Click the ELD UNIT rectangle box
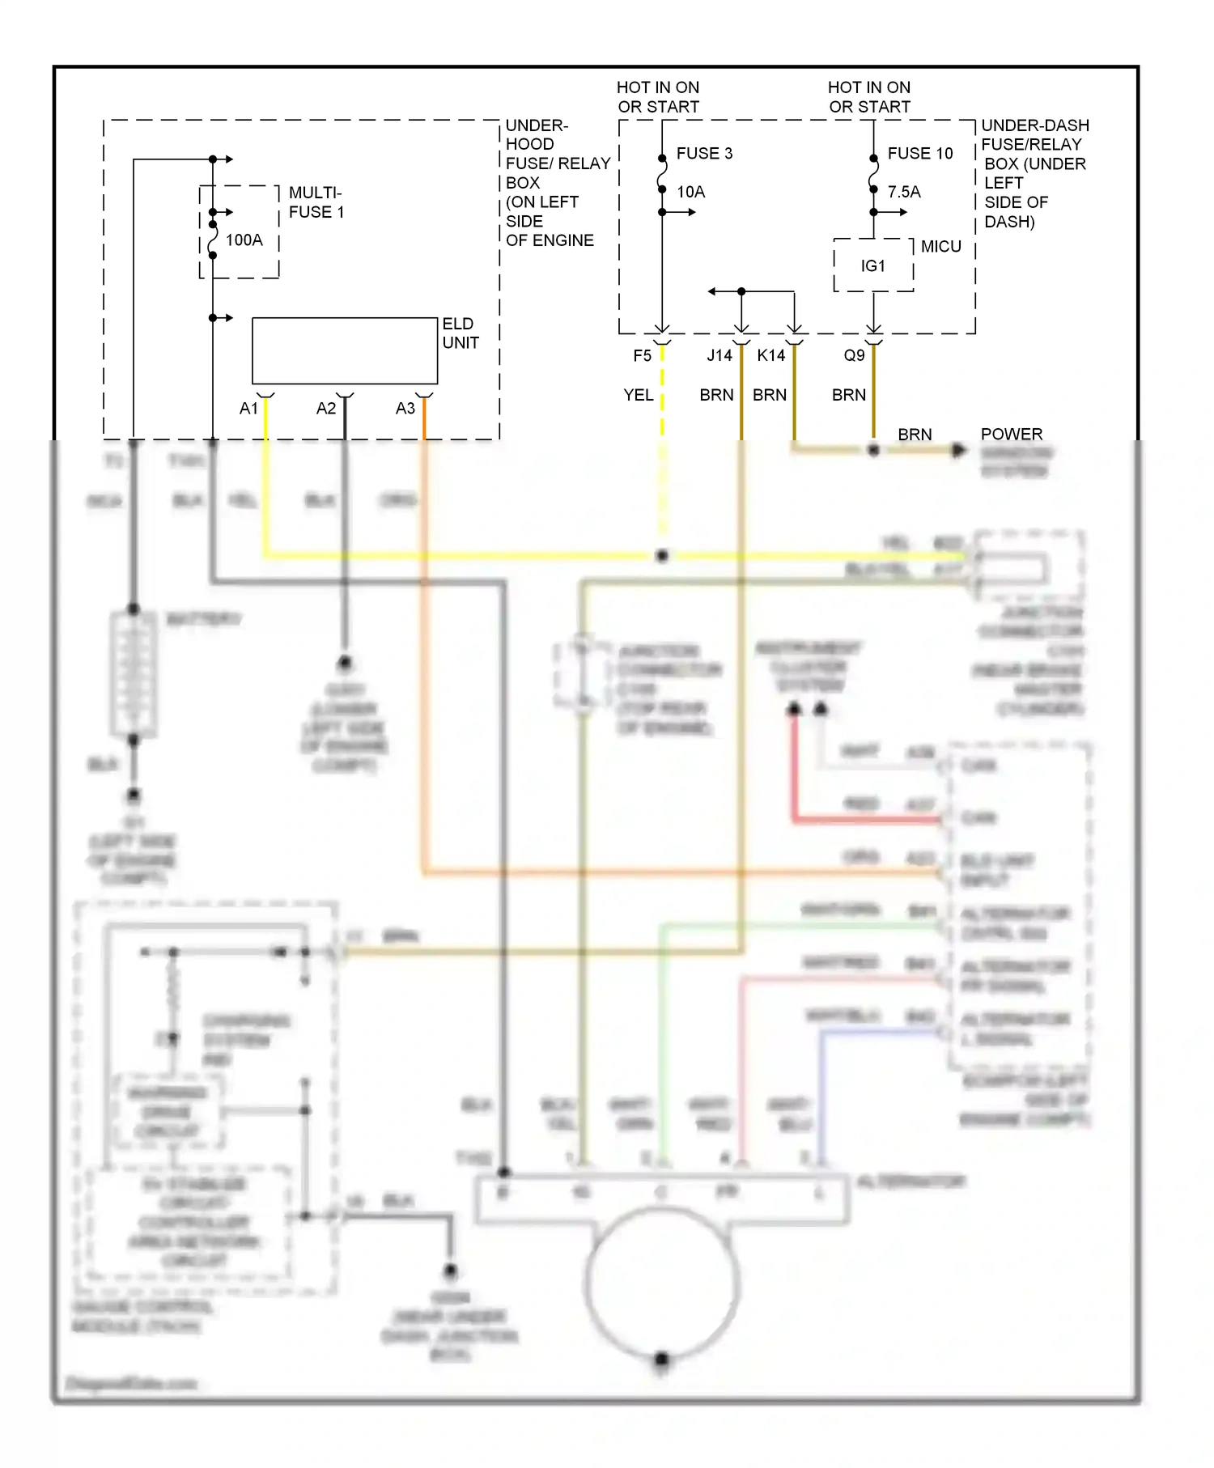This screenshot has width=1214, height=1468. click(345, 350)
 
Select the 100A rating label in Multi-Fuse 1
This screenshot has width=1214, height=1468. click(244, 240)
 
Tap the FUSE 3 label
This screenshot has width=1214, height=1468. click(704, 153)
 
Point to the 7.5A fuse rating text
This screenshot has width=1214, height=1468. click(904, 192)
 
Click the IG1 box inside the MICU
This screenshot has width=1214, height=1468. click(873, 265)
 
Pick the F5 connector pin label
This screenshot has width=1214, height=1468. click(642, 355)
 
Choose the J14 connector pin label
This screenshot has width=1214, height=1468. click(719, 355)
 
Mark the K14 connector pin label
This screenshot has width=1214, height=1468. click(770, 355)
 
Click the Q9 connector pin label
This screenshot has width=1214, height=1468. click(854, 355)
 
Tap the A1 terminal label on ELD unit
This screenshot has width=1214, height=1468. click(248, 409)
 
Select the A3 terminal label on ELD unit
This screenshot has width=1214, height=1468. click(405, 409)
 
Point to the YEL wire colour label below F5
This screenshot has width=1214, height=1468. click(638, 395)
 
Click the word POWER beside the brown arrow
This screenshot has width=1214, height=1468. click(1011, 434)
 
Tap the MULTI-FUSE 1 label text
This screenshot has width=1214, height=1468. click(316, 202)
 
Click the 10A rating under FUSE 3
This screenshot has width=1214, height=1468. click(690, 192)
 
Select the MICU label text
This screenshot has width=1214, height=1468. click(940, 247)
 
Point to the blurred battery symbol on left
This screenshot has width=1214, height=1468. click(134, 673)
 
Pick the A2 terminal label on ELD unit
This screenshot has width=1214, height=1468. click(325, 409)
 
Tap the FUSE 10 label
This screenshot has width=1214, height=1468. click(919, 153)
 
